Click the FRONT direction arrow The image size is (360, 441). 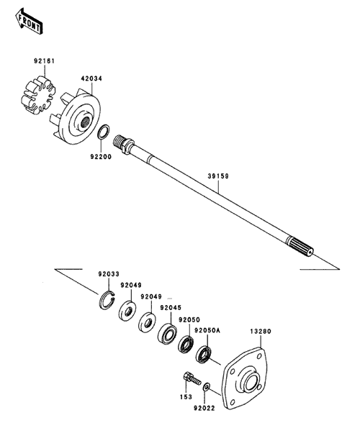[x=29, y=21]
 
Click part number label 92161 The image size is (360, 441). [x=45, y=60]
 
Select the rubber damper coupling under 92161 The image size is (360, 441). [x=38, y=94]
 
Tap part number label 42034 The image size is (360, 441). [x=91, y=78]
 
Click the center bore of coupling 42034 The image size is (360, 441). [x=86, y=122]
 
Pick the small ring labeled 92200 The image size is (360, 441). [x=104, y=132]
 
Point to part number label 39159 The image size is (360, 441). [x=218, y=176]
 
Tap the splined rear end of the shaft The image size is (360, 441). [x=300, y=247]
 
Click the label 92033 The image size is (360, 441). [x=109, y=273]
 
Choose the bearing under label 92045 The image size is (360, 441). [x=167, y=334]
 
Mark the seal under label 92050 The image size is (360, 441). [x=186, y=345]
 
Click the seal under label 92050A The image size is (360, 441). [x=204, y=355]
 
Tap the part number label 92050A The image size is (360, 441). [x=207, y=330]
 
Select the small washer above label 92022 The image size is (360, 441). [x=207, y=387]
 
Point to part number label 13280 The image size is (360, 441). [x=261, y=332]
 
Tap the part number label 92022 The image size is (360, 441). [x=204, y=408]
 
